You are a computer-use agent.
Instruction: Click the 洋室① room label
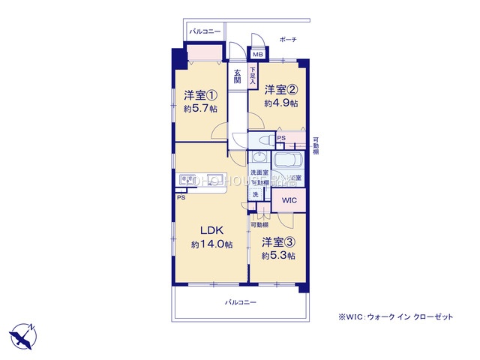pos(200,95)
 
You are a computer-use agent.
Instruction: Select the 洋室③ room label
pos(278,243)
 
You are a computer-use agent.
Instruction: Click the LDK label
pos(211,232)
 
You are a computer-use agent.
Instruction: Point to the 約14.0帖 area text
pos(211,245)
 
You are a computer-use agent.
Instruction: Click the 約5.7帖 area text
pos(200,109)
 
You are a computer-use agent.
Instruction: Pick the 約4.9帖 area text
pos(280,103)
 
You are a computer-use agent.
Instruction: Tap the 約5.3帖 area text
pos(278,256)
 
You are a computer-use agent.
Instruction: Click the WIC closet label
pos(289,201)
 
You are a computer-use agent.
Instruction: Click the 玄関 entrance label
pos(237,76)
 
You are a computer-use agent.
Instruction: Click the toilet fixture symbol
pos(263,139)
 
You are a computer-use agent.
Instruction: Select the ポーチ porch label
pos(287,39)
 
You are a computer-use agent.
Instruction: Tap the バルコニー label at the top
pos(205,32)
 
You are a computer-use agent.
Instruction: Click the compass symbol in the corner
pos(22,333)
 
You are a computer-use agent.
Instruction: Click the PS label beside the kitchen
pos(181,199)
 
